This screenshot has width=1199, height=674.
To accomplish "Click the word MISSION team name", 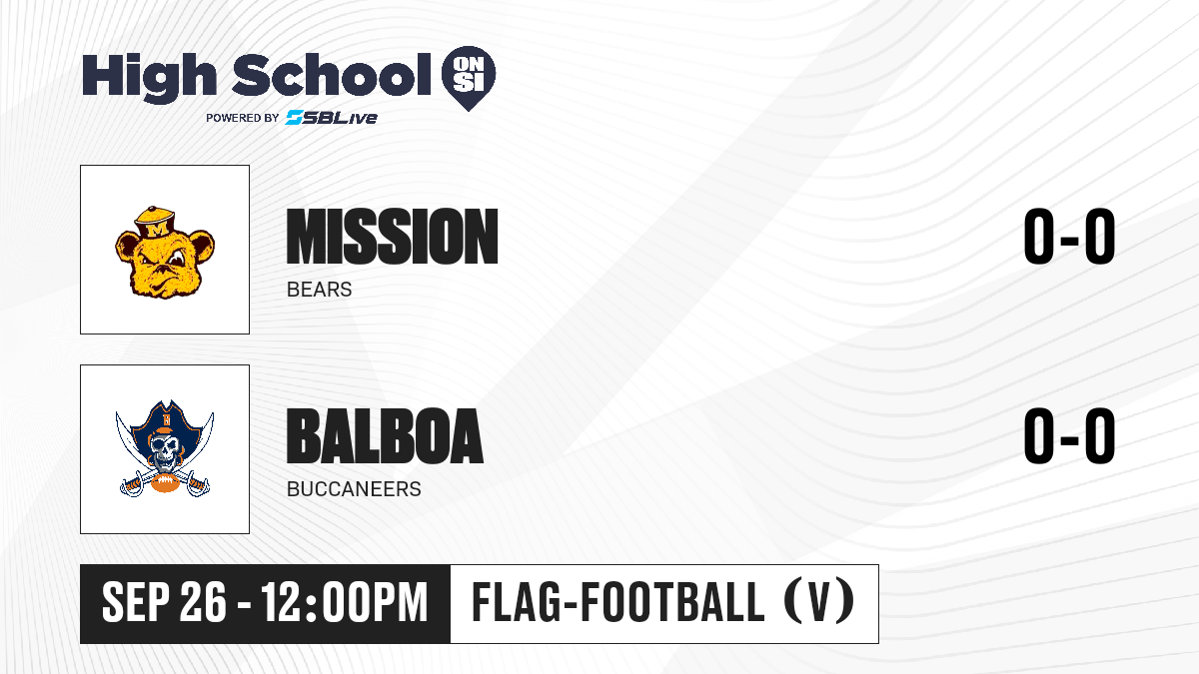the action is point(393,237).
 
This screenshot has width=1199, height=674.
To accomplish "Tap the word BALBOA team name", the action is point(385,436).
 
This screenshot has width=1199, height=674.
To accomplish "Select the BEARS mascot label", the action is point(319,290).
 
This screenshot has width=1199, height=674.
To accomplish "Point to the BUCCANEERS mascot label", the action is point(354,489).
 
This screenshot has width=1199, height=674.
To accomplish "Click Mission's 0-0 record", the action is point(1069,237).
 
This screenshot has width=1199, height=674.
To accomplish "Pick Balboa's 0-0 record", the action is point(1069,436).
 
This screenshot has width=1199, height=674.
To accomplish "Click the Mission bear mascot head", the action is point(165,252).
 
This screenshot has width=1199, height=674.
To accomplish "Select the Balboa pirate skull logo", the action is point(165,448).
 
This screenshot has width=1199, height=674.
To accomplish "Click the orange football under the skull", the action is point(165,483).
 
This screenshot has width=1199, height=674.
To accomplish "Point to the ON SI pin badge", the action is point(469,78).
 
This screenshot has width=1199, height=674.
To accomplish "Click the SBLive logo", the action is point(332,117).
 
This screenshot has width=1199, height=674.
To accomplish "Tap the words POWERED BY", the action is point(243,118).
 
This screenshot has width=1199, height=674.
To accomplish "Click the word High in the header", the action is point(150,77).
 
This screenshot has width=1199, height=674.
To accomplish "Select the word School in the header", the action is point(332,74).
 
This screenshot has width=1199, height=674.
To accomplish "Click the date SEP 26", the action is point(164,603).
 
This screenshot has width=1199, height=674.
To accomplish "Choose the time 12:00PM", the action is point(344,603).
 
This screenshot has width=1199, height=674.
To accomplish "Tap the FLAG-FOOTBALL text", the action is point(618,601).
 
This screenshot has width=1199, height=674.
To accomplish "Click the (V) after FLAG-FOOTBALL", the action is point(819,601).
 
